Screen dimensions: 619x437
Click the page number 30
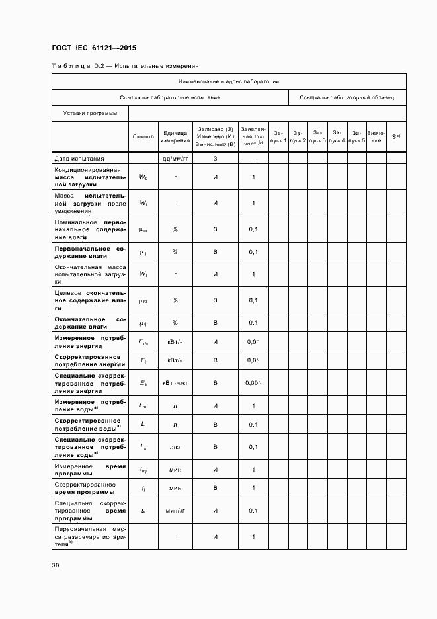click(56, 565)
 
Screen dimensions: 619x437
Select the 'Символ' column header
click(143, 136)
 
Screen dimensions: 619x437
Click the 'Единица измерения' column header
click(175, 136)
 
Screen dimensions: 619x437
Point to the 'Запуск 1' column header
click(278, 136)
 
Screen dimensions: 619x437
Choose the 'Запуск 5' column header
click(356, 136)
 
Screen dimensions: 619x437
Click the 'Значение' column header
click(376, 136)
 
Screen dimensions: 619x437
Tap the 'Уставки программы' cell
click(90, 113)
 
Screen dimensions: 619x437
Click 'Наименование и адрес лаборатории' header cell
click(229, 82)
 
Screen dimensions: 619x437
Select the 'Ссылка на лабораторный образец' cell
click(346, 97)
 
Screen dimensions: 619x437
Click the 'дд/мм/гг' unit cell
click(175, 159)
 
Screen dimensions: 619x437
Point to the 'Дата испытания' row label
click(79, 159)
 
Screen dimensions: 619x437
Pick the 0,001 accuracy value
click(253, 383)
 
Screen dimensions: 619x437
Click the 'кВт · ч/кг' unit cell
click(175, 383)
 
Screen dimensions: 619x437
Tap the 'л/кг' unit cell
click(175, 447)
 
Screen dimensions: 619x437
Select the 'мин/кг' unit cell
click(175, 511)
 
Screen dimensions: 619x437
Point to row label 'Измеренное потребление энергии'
click(89, 341)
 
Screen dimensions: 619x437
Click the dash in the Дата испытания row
click(253, 159)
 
